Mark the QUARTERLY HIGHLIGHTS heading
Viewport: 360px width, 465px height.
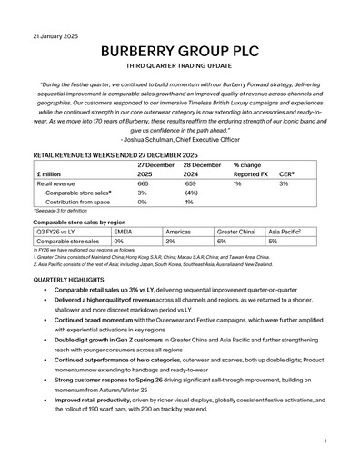(x=72, y=281)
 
